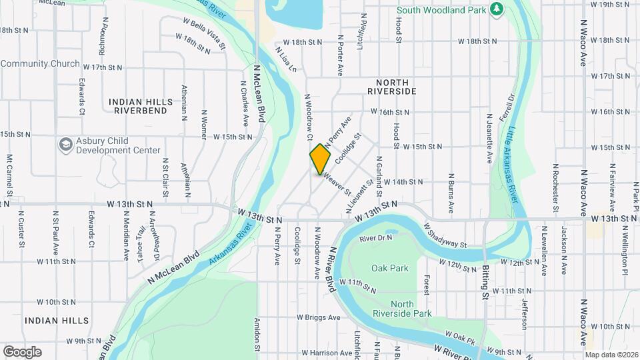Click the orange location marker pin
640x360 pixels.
pos(321,159)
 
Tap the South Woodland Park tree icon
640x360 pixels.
pos(495,9)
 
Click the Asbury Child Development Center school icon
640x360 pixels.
pos(65,144)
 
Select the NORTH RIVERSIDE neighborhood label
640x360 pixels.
pos(392,91)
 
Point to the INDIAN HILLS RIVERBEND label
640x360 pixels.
pos(141,107)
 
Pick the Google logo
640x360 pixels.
pos(22,351)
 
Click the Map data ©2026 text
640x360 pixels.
pos(610,355)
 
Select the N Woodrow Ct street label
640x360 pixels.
pos(309,117)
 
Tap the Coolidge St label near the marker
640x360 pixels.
pos(348,149)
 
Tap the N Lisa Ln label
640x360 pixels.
pos(285,58)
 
